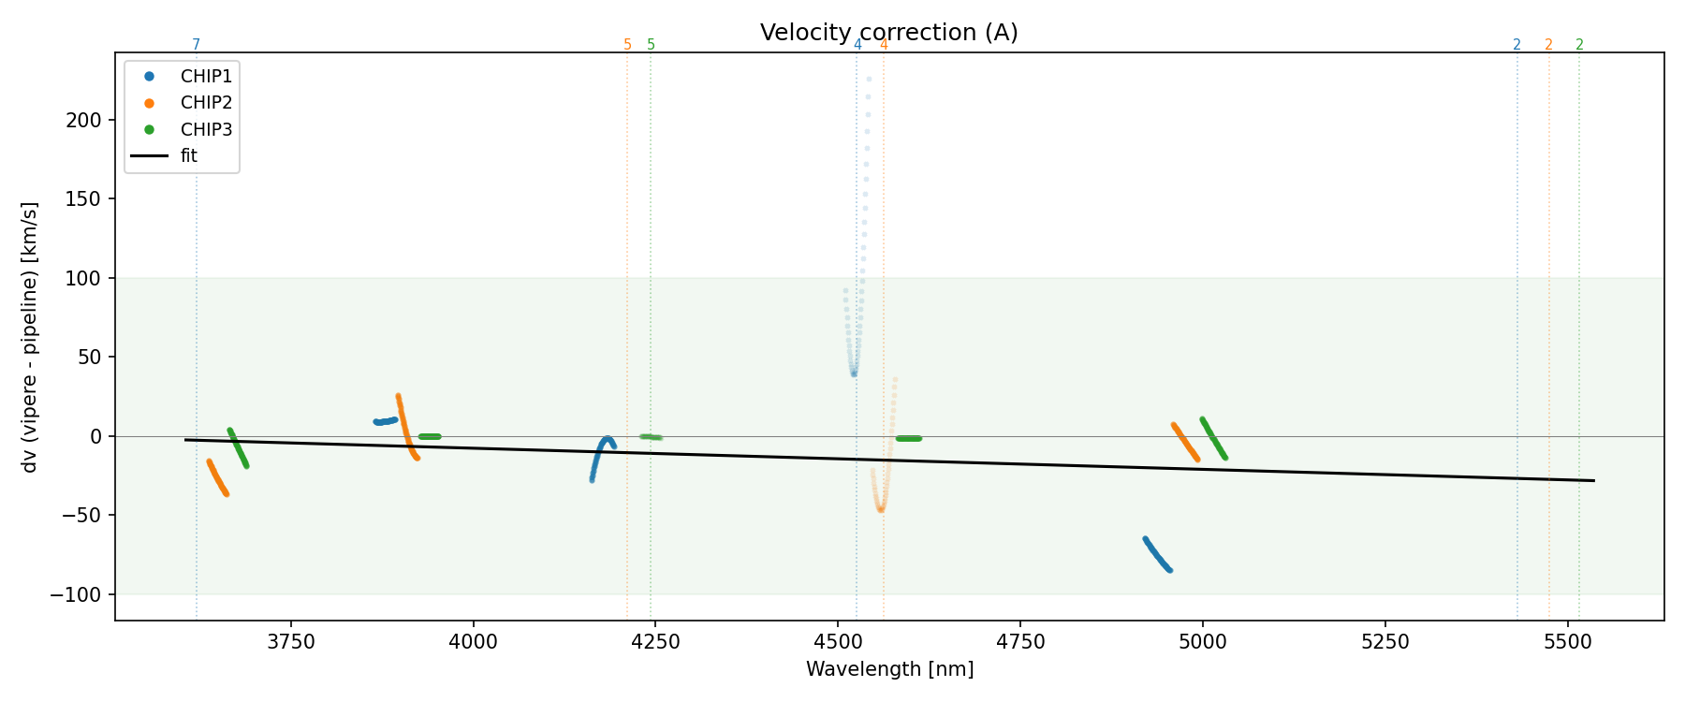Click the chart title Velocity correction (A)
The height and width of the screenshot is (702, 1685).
tap(888, 33)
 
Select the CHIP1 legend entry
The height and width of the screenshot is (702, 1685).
tap(206, 77)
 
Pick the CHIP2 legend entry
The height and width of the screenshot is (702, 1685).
tap(206, 103)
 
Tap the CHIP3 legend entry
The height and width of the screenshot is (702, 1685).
tap(206, 130)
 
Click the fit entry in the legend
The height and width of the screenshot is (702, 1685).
tap(189, 156)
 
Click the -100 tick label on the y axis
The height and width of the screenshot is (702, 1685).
tap(82, 595)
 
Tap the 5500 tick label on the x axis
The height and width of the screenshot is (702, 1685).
tap(1567, 641)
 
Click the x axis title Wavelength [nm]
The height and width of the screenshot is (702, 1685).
tap(889, 670)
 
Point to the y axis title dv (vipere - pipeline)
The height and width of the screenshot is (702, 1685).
tap(30, 337)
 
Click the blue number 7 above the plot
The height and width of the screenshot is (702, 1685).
tap(196, 45)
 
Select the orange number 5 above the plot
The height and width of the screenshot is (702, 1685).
tap(627, 45)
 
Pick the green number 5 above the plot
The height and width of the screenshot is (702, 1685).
tap(652, 45)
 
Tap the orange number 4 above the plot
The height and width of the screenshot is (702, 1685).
tap(884, 45)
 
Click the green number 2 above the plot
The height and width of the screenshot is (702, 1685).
tap(1579, 45)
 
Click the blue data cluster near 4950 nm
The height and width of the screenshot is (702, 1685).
tap(1157, 554)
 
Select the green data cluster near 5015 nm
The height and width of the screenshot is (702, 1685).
tap(1213, 438)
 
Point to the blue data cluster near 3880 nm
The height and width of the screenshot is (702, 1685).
tap(386, 421)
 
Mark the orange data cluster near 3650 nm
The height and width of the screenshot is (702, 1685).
tap(217, 477)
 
